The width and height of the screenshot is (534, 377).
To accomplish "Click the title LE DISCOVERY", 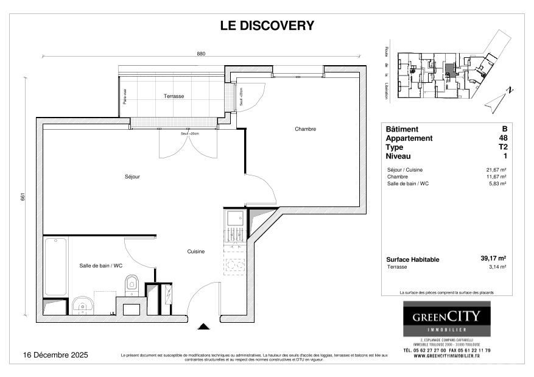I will tap(267, 26).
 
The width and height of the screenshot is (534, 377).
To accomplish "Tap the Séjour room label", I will tap(133, 177).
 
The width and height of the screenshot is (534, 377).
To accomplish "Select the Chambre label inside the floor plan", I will tap(305, 129).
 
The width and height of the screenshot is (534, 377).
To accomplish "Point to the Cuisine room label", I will tap(195, 251).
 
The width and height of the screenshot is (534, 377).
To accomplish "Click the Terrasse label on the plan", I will tap(174, 96).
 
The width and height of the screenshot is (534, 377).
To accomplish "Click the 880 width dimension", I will tap(201, 54).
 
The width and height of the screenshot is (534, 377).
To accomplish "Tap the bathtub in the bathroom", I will tap(55, 266).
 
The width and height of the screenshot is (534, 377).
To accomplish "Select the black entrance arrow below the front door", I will tap(204, 326).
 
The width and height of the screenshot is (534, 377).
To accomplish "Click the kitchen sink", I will tap(234, 218).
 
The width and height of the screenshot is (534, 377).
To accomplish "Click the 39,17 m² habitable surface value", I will tap(493, 258).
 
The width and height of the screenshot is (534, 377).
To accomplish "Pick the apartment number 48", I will tap(503, 138).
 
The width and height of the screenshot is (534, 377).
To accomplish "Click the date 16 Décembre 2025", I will tap(55, 355).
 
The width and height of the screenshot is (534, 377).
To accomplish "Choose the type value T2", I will tap(503, 147).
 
